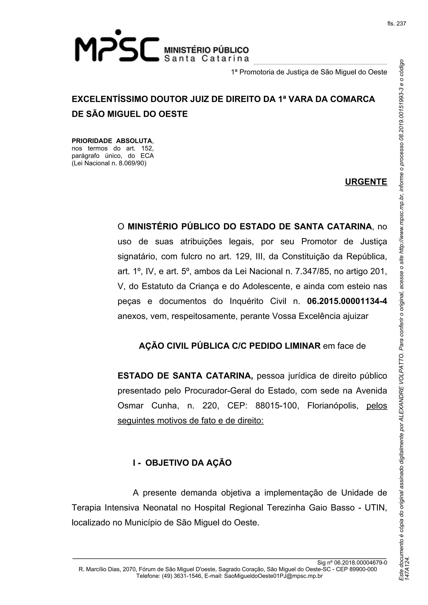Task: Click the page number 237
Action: [401, 24]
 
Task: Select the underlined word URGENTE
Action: [366, 182]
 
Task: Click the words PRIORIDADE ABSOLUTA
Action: [112, 141]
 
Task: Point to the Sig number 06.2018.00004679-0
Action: [360, 563]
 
